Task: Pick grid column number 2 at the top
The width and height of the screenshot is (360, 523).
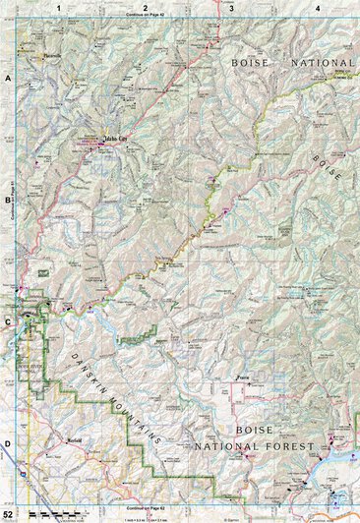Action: coord(145,8)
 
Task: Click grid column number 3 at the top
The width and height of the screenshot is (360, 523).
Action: coord(231,8)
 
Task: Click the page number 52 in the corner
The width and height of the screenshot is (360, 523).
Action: coord(8,515)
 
